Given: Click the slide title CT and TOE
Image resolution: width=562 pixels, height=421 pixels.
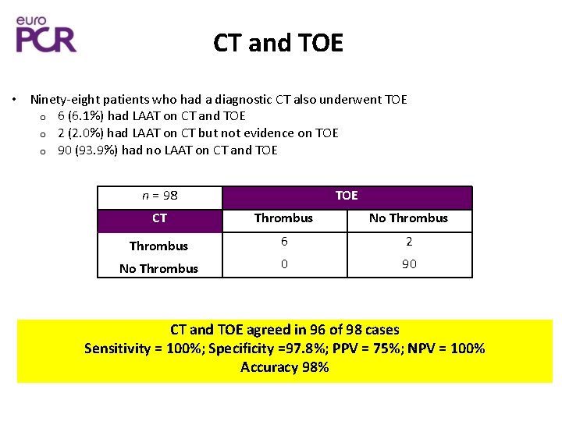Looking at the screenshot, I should pos(278,44).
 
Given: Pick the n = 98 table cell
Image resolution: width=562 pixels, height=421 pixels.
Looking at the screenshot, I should pos(159,196).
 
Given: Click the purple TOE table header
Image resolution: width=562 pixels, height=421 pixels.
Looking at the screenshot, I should pos(347,196).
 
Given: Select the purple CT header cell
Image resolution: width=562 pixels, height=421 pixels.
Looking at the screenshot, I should pos(159,218).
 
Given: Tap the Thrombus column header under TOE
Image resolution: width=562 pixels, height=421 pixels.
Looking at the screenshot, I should pos(284,218).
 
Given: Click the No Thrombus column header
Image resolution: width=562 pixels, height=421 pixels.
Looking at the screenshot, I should pos(409,218).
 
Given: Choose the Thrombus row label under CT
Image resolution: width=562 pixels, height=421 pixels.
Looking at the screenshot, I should pos(159,246).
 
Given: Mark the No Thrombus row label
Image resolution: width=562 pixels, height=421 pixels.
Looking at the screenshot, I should pos(159,268).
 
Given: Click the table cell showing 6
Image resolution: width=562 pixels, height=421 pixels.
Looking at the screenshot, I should pos(284,242).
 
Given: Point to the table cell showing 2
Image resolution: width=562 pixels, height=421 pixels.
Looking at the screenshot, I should pos(409,242).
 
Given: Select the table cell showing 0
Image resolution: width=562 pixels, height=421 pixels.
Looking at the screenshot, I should pos(284,264).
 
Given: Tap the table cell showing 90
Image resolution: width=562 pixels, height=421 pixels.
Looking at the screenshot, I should pos(409,264).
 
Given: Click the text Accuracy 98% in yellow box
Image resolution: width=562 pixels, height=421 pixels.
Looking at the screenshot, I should pos(284,367).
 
